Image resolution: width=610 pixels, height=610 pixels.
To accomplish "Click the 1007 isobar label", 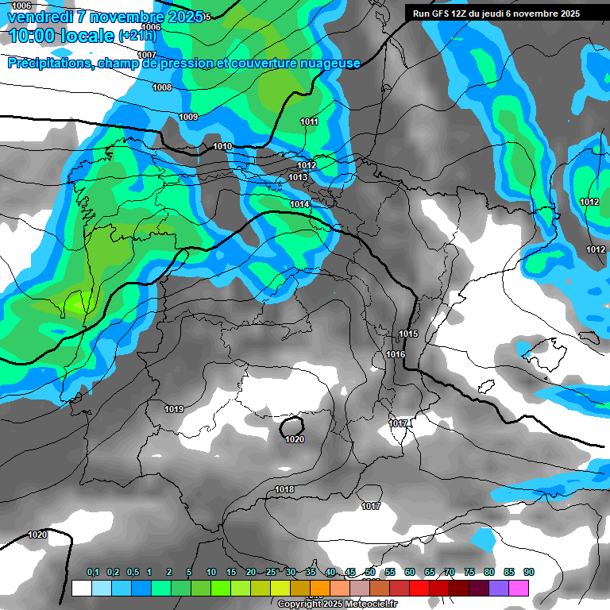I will (146, 55).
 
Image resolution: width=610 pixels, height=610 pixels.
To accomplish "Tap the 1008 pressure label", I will (162, 87).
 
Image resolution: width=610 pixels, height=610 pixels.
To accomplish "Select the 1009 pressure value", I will (188, 117).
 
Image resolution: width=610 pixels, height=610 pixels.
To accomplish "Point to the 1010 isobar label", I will (222, 147).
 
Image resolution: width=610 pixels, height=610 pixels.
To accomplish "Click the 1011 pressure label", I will (309, 122).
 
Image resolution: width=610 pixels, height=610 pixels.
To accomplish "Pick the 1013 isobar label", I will (298, 177).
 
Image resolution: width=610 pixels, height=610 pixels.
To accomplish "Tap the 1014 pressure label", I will (299, 205).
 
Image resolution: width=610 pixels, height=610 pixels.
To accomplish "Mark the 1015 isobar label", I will (408, 334).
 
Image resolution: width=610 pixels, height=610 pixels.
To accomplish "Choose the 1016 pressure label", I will (395, 354).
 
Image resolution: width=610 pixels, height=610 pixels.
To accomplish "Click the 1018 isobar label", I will (284, 489).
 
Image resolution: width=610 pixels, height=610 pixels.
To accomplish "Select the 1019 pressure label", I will (174, 409).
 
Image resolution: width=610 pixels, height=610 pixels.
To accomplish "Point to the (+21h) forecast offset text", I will (142, 37).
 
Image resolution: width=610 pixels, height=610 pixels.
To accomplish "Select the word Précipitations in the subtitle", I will (48, 64).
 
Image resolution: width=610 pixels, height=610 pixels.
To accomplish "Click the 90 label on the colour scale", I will (529, 572).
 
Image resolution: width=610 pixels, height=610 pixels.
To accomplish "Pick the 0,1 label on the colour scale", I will (93, 572).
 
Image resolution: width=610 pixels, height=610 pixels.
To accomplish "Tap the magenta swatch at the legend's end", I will (519, 588).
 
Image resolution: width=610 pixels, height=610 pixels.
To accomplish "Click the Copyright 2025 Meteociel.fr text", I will (337, 604).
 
